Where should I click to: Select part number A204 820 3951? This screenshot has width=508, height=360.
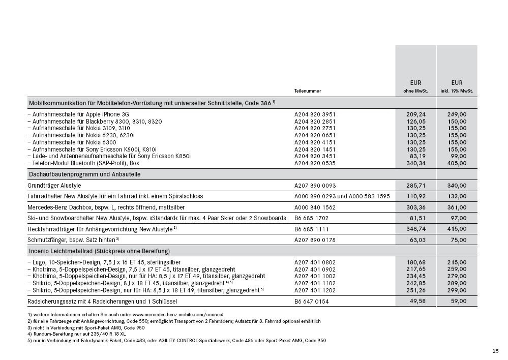click(315, 114)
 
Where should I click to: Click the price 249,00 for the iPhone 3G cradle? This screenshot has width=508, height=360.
click(457, 114)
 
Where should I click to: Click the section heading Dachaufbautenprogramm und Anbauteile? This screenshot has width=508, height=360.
click(84, 174)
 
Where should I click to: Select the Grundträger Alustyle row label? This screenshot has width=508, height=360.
click(54, 186)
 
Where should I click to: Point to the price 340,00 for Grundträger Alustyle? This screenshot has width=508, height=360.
click(457, 186)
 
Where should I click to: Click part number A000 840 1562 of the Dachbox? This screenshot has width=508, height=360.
click(315, 207)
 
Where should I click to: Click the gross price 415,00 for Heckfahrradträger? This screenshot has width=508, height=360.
click(457, 229)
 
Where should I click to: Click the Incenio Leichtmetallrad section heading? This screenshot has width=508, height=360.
click(99, 251)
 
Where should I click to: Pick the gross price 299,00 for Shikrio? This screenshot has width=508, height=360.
click(457, 290)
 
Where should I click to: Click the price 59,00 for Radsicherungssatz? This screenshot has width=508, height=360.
click(458, 301)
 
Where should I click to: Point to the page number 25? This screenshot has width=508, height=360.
click(496, 351)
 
